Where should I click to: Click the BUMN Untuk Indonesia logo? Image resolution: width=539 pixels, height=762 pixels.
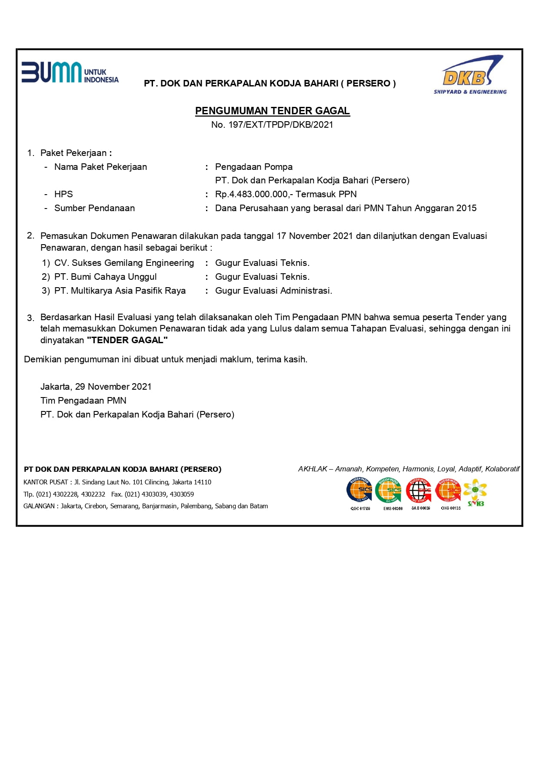(70, 73)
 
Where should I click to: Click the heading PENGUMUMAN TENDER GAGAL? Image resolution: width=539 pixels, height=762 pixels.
(272, 111)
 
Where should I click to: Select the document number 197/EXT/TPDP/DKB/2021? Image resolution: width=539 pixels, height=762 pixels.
(280, 125)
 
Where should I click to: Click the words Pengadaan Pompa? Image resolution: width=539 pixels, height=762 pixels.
(254, 167)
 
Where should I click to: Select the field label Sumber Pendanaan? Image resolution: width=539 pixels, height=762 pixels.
(94, 208)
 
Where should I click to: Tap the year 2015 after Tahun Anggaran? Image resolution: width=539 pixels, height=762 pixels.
(466, 208)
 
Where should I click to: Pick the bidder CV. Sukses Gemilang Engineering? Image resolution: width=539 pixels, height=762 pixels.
(124, 263)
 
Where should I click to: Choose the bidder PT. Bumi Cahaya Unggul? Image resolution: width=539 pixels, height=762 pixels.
(105, 277)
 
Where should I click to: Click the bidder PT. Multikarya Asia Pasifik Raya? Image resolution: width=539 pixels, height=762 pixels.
(120, 291)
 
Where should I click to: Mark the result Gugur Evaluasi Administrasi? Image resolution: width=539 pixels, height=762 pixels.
(273, 291)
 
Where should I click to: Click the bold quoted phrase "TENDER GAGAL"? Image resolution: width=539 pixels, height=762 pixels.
(127, 340)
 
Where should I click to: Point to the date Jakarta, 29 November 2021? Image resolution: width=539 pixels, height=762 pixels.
(96, 387)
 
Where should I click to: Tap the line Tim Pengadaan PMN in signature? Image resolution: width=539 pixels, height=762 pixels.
(83, 401)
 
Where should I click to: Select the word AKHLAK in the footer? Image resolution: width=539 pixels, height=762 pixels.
(313, 469)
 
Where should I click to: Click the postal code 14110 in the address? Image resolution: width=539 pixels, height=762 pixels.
(203, 482)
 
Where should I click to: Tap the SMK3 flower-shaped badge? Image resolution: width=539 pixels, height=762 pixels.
(475, 492)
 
